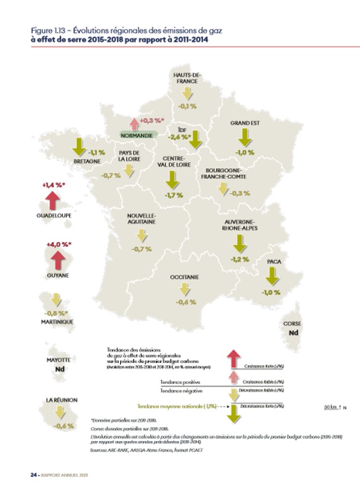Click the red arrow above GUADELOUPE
pyautogui.click(x=53, y=201)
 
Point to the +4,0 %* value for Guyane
pyautogui.click(x=59, y=244)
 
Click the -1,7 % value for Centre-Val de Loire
pyautogui.click(x=174, y=195)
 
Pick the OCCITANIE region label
pyautogui.click(x=184, y=277)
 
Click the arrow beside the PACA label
pyautogui.click(x=272, y=275)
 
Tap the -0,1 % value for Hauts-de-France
pyautogui.click(x=188, y=106)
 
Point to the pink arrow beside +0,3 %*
pyautogui.click(x=133, y=123)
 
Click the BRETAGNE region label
pyautogui.click(x=87, y=161)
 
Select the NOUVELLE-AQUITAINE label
pyautogui.click(x=141, y=219)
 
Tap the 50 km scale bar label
pyautogui.click(x=330, y=407)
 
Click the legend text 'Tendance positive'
pyautogui.click(x=180, y=382)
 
